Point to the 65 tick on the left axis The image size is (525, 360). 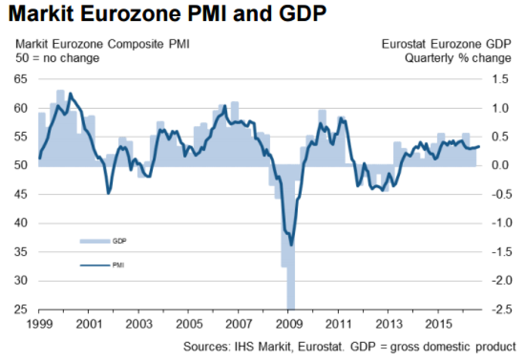[20, 80]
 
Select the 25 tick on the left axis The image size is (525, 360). [20, 310]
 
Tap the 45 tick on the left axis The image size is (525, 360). [20, 195]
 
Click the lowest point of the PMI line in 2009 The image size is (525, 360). [291, 246]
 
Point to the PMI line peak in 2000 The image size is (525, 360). [71, 93]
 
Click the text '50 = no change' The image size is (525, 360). [52, 58]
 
